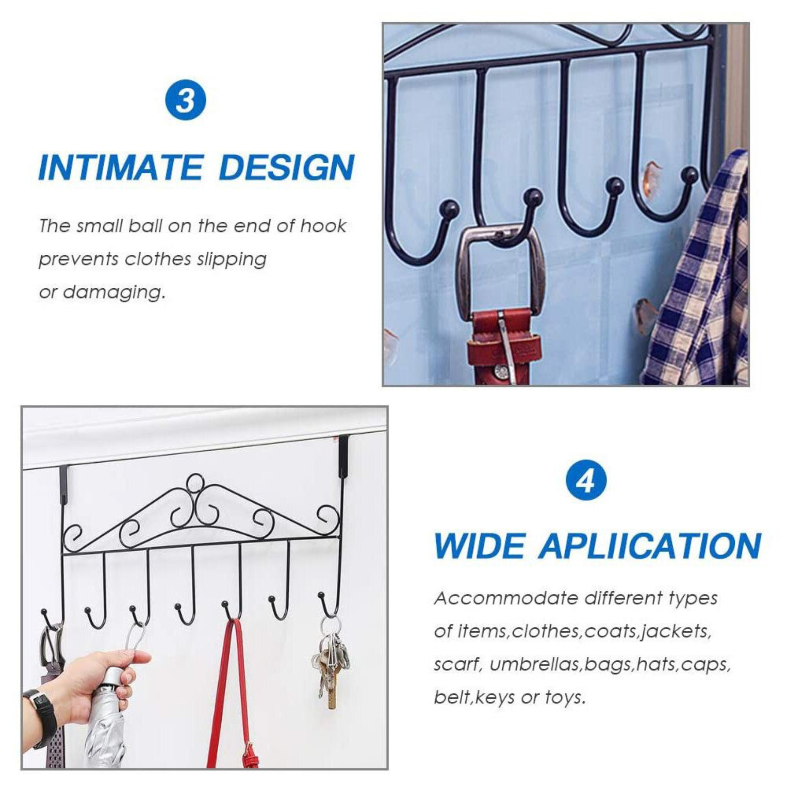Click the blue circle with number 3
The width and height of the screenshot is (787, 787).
coord(185,101)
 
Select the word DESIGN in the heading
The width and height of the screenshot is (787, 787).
coord(287,168)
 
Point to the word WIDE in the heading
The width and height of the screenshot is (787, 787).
coord(479,546)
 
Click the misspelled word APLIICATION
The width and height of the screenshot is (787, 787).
coord(650,546)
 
